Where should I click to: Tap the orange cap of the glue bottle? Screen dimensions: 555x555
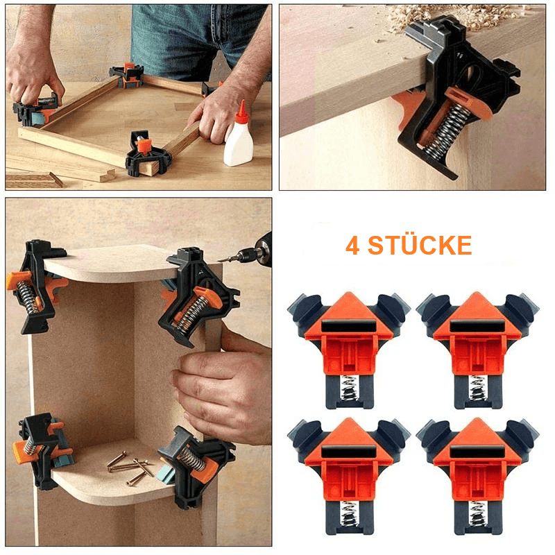click(242, 112)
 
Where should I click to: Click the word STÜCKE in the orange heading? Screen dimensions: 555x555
click(420, 245)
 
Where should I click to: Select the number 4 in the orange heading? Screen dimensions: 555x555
click(352, 246)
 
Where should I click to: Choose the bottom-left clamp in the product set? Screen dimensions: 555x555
click(348, 475)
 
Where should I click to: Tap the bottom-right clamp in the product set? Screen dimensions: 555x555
click(477, 475)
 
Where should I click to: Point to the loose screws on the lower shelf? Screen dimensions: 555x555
click(131, 466)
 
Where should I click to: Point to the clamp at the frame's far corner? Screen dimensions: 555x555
click(128, 74)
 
